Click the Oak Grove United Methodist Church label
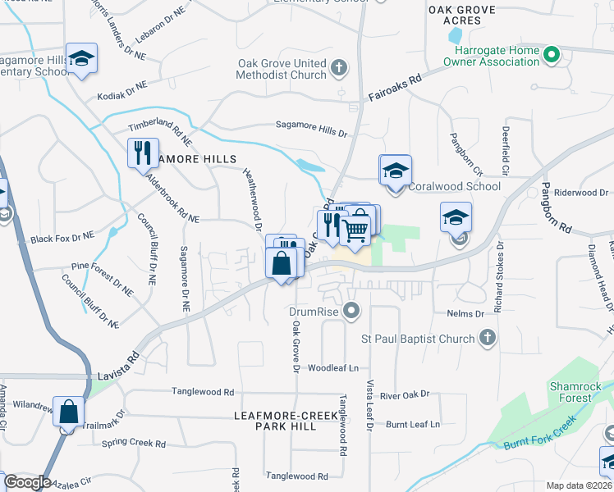[282, 69]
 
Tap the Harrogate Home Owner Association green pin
[552, 56]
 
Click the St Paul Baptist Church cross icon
[488, 338]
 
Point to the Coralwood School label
[454, 186]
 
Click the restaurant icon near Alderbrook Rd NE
[142, 152]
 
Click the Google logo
[27, 482]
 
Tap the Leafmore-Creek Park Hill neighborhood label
[286, 421]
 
